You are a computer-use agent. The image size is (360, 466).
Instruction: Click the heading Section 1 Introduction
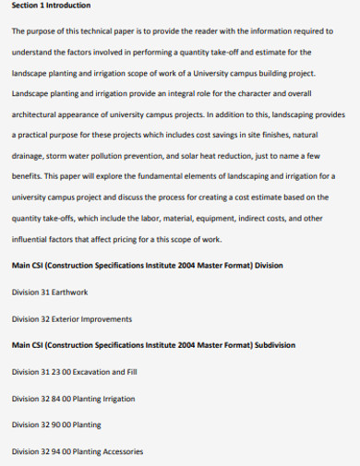point(51,7)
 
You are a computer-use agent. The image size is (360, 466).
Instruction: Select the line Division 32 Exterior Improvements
point(71,319)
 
